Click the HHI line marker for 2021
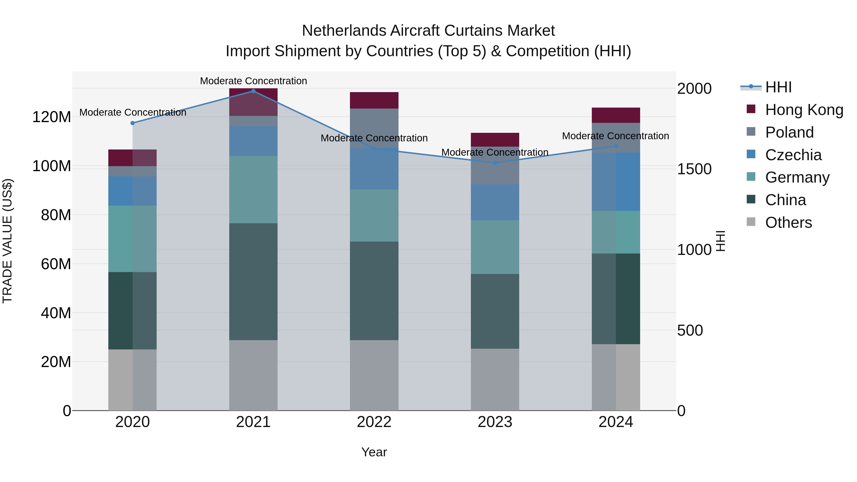pyautogui.click(x=253, y=91)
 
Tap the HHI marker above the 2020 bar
pyautogui.click(x=132, y=123)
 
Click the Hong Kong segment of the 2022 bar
pyautogui.click(x=374, y=100)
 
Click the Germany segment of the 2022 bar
pyautogui.click(x=374, y=216)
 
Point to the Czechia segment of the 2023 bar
pyautogui.click(x=495, y=202)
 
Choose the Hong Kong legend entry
pyautogui.click(x=804, y=110)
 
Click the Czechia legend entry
pyautogui.click(x=793, y=155)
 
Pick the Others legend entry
pyautogui.click(x=788, y=223)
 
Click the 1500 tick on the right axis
pyautogui.click(x=694, y=169)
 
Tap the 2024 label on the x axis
pyautogui.click(x=615, y=422)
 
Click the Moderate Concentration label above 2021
pyautogui.click(x=253, y=81)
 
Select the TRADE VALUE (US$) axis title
pyautogui.click(x=7, y=241)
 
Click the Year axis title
pyautogui.click(x=374, y=452)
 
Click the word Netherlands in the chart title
pyautogui.click(x=345, y=31)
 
